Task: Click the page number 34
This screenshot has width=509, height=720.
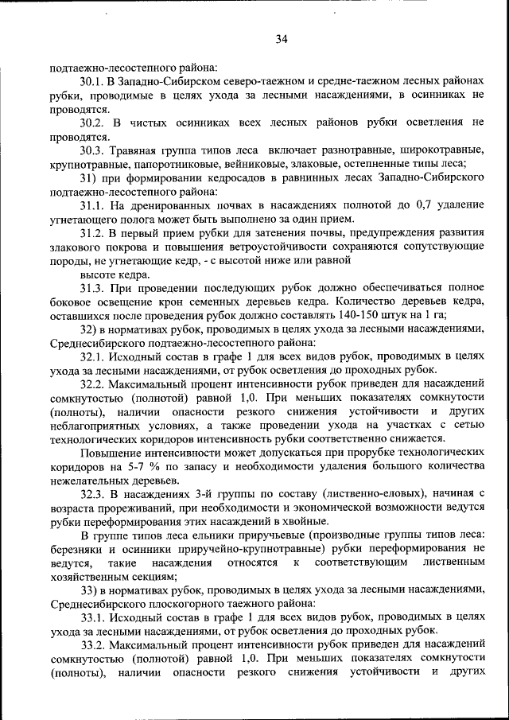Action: [x=281, y=39]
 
